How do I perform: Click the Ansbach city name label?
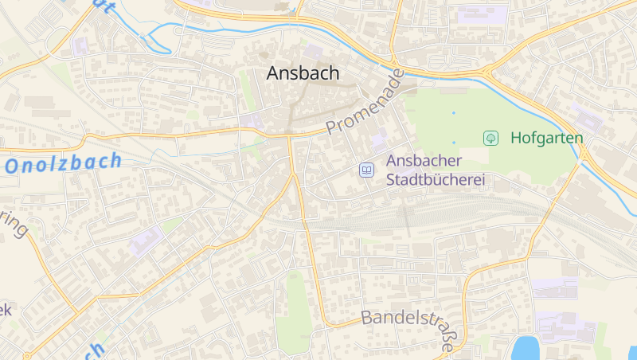coord(303,73)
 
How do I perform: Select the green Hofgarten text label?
coord(546,138)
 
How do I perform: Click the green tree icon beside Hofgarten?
coord(491,138)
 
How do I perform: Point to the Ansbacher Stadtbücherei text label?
coord(435,170)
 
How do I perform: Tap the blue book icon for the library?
coord(366,170)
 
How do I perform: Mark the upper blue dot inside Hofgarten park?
coord(454,112)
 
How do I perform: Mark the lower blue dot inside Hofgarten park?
coord(454,143)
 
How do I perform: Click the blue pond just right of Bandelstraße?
coord(526,349)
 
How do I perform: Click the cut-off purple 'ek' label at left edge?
coord(6,309)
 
